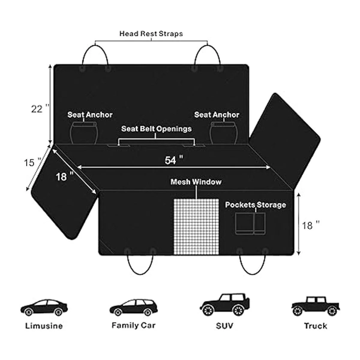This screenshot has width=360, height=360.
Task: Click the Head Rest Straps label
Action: point(151,33)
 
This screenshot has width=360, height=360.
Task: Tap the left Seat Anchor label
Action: point(90,115)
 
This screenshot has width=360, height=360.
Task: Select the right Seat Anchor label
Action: point(217,115)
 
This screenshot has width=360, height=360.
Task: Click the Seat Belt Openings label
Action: point(156,129)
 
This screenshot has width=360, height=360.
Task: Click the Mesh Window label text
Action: point(196,182)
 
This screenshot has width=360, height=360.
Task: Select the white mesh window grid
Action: point(196,226)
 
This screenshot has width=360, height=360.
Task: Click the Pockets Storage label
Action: point(255,205)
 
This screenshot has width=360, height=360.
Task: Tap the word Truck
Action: point(315,326)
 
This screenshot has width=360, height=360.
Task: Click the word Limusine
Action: point(44,326)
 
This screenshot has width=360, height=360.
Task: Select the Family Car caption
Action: point(133,325)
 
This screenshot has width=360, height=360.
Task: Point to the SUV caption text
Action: point(224,326)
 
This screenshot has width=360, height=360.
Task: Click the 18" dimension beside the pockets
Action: point(311,225)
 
